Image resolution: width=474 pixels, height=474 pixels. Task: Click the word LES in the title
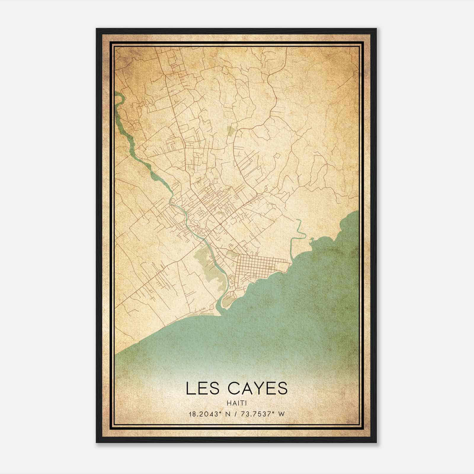203,388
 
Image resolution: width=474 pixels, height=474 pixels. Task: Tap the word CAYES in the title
258,388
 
